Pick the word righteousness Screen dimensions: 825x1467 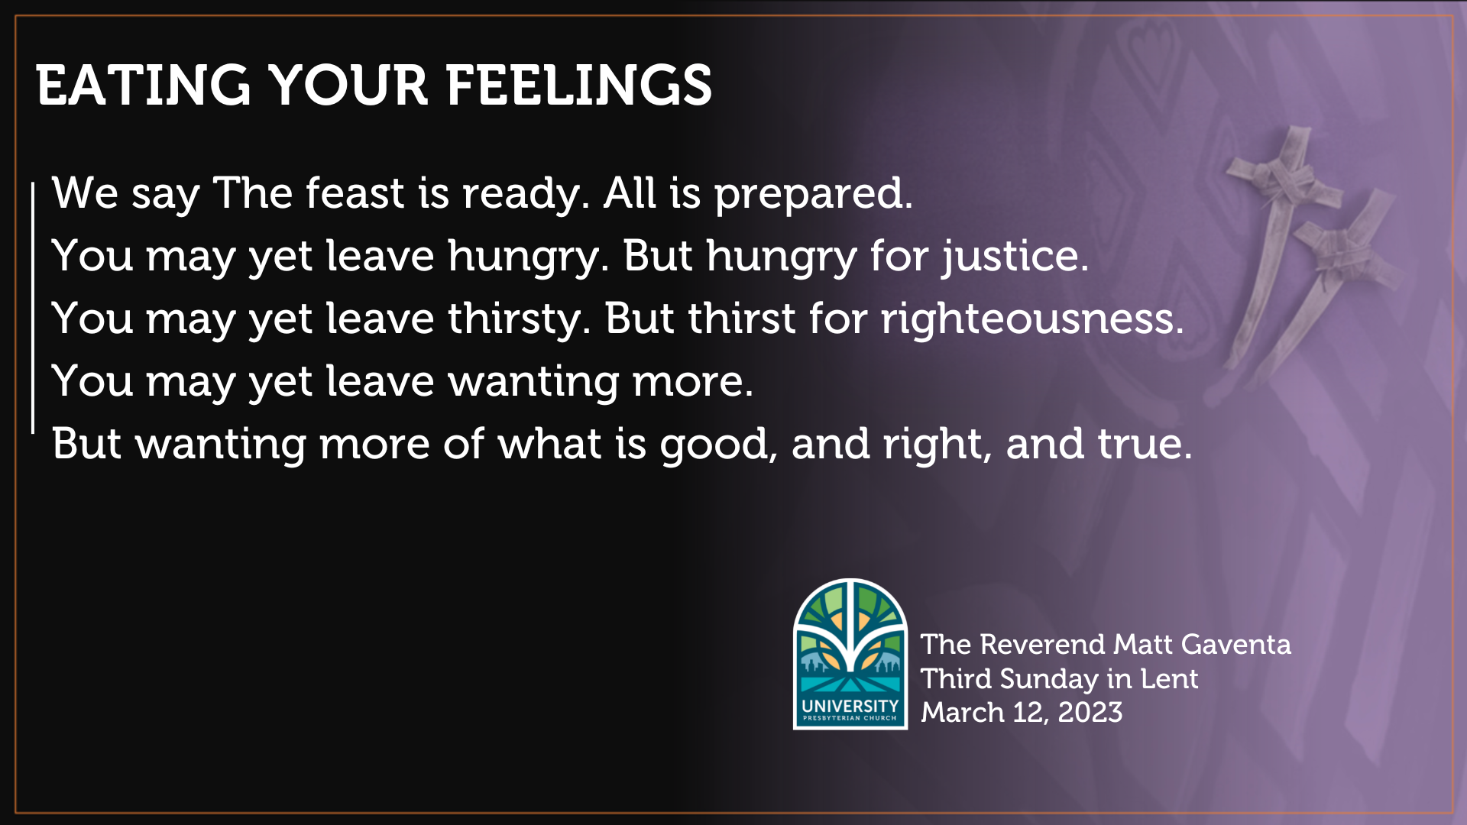click(1031, 319)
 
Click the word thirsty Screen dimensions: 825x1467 click(519, 319)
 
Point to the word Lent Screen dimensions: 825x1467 click(1169, 678)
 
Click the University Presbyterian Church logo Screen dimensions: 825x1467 click(850, 653)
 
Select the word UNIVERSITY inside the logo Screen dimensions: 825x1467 click(850, 705)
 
